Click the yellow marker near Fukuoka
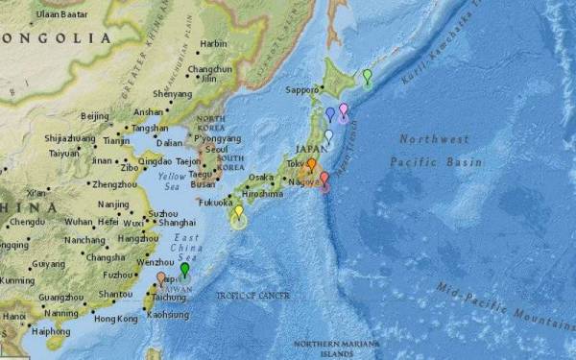tap(239, 212)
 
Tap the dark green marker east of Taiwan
tap(184, 271)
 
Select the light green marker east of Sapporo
tap(367, 76)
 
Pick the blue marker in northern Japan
tap(330, 114)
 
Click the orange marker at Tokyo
tap(311, 165)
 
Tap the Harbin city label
tap(214, 44)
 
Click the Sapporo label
tap(301, 90)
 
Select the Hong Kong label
tap(115, 318)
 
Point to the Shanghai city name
tap(178, 222)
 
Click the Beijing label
tap(95, 116)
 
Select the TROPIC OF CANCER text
tap(252, 295)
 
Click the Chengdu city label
tap(27, 223)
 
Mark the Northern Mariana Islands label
tap(336, 348)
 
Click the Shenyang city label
tap(173, 94)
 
